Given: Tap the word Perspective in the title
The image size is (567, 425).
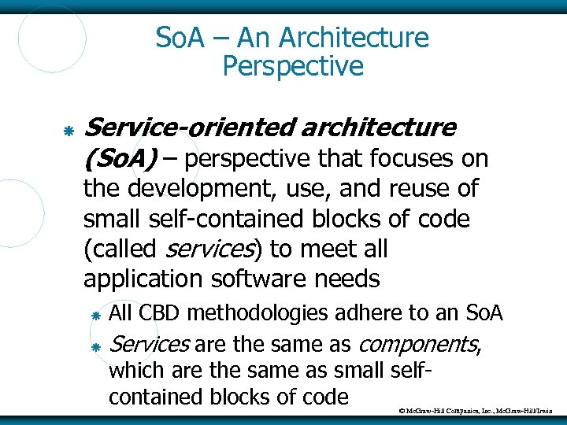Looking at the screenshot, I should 293,66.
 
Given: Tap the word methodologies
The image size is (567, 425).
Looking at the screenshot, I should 258,314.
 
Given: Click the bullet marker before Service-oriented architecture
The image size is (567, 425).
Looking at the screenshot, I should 69,128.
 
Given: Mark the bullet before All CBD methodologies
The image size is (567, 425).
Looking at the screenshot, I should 94,315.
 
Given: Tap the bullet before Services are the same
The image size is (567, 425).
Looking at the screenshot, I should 94,346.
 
